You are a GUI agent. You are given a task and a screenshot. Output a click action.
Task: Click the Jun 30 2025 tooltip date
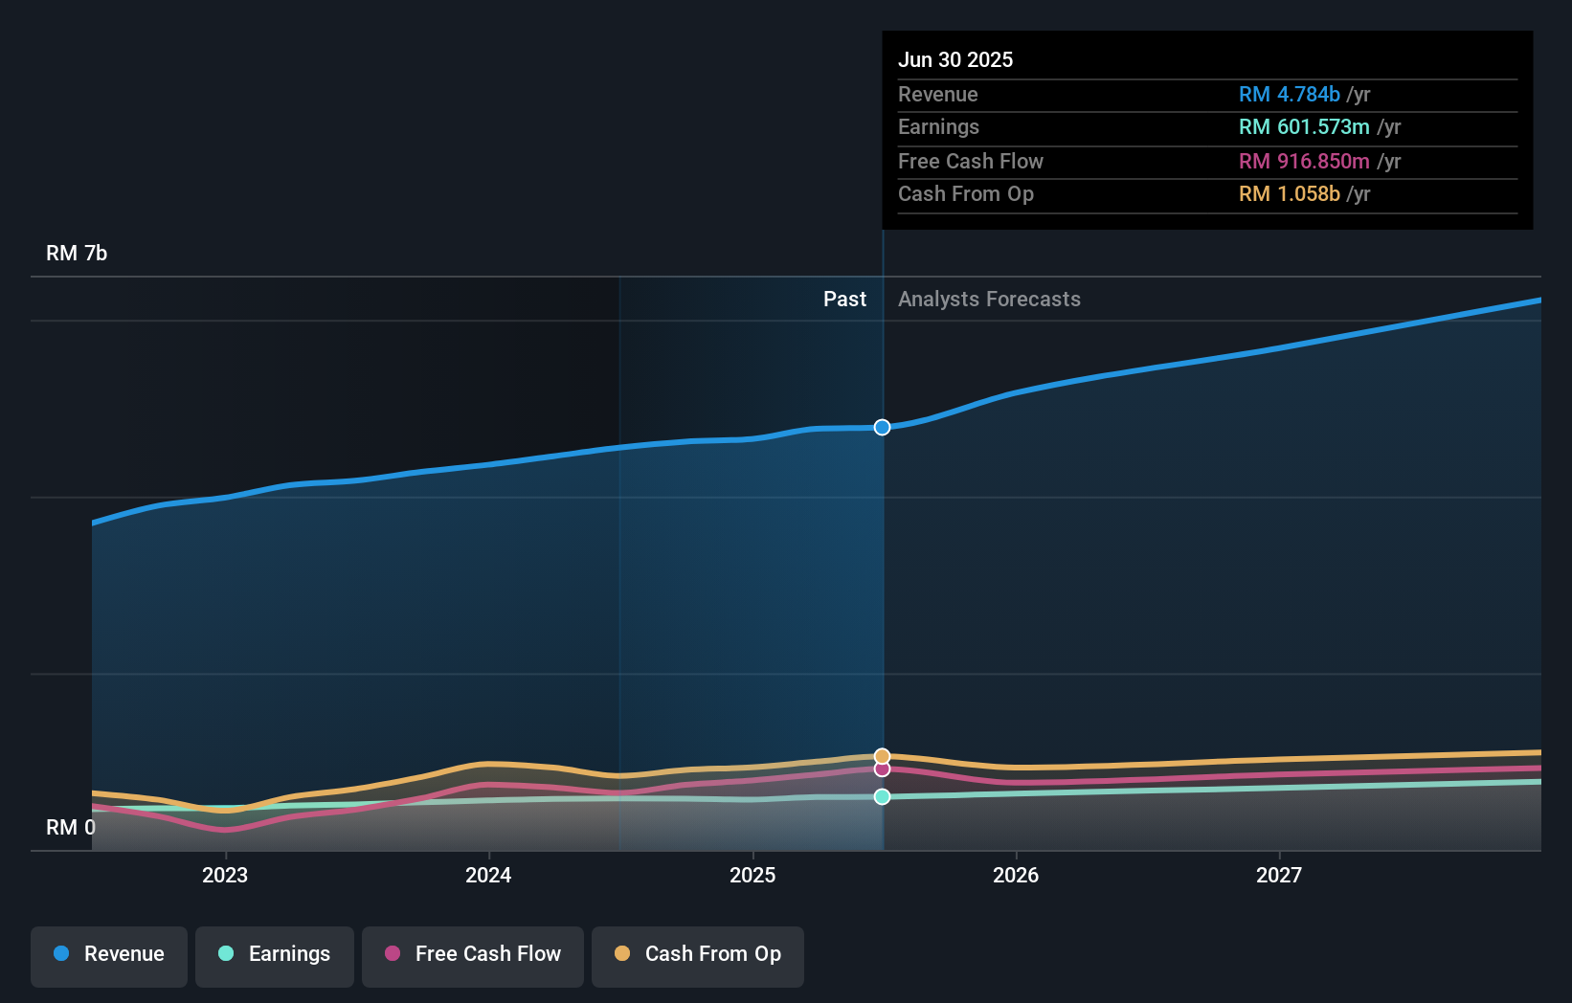(x=954, y=59)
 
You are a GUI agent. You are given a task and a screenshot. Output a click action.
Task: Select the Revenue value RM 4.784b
(x=1289, y=94)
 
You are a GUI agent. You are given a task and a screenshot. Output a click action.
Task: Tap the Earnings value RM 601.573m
(x=1303, y=126)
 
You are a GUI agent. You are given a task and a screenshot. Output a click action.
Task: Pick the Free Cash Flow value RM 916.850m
(x=1303, y=161)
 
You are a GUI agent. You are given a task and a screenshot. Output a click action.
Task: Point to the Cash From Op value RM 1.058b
(x=1289, y=193)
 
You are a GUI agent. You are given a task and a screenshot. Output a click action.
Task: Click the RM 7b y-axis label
(x=77, y=253)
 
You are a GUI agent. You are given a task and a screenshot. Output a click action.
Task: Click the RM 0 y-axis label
(x=71, y=827)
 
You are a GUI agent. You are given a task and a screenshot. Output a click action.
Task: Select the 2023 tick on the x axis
(x=225, y=875)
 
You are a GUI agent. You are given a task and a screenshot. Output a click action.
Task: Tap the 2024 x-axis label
(x=488, y=875)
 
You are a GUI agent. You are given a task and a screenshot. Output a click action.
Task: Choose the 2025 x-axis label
(x=752, y=875)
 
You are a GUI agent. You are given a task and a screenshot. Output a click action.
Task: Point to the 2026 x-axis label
(x=1016, y=875)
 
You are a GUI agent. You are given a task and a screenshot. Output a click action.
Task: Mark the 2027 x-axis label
(x=1279, y=875)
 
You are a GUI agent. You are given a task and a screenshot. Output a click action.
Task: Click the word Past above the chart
(x=844, y=299)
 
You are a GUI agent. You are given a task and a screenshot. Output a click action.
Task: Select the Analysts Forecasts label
(x=989, y=299)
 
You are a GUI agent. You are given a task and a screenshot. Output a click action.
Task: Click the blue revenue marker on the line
(x=882, y=427)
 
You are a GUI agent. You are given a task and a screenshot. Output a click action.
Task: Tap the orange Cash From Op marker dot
(x=882, y=756)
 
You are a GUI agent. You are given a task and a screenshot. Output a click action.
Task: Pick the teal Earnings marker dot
(x=882, y=796)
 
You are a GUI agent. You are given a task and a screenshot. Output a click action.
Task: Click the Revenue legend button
(x=109, y=954)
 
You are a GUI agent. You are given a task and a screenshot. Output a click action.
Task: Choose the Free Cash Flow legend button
(x=473, y=954)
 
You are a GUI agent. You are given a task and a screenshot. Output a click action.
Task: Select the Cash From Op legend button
(x=698, y=954)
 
